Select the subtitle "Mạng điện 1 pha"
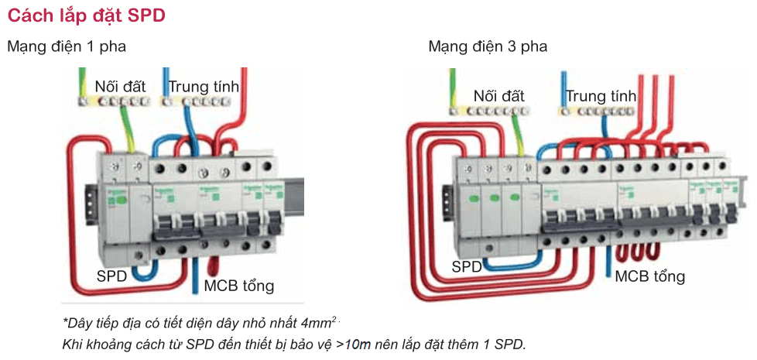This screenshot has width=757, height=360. tap(67, 46)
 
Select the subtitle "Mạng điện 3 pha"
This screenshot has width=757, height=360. tap(488, 46)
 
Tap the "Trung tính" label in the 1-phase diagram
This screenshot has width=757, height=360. tap(204, 86)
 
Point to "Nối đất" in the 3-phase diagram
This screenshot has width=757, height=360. tap(498, 96)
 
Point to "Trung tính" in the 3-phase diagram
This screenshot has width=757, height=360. tap(601, 97)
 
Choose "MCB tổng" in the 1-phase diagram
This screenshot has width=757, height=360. tap(238, 286)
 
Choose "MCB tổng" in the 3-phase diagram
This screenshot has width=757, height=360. tap(649, 276)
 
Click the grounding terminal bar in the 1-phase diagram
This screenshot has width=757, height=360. tap(113, 101)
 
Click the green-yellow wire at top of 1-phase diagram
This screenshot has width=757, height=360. tap(83, 81)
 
